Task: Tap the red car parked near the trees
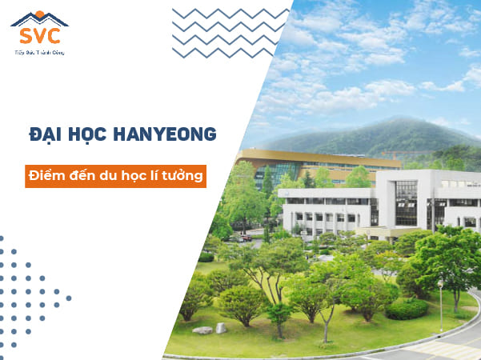(x=246, y=238)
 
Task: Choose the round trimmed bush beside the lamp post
(x=407, y=309)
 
